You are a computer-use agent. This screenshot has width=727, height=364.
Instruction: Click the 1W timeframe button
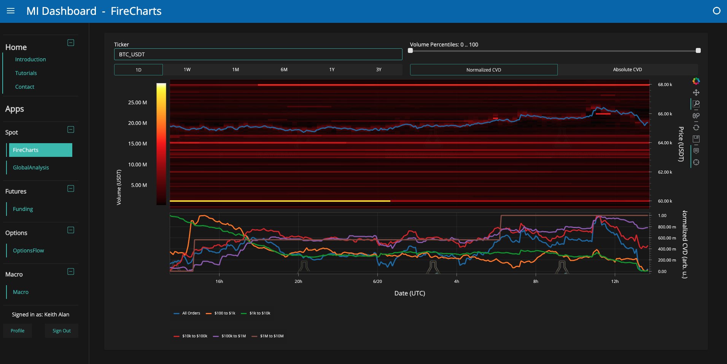pos(187,70)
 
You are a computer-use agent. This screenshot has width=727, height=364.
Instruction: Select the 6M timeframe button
pos(284,70)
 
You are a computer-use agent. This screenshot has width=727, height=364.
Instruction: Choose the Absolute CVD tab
pos(627,70)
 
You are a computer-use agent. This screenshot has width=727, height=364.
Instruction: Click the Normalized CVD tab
pos(484,70)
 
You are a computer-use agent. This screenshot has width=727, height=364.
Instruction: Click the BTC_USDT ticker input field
pos(258,54)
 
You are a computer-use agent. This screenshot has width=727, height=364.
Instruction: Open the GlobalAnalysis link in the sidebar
pos(31,168)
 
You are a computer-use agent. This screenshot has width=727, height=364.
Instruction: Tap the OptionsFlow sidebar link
pos(29,251)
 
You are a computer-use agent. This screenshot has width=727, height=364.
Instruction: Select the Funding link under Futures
pos(23,209)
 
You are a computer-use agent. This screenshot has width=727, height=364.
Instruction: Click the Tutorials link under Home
pos(26,73)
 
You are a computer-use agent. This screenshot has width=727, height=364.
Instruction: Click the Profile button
pos(17,330)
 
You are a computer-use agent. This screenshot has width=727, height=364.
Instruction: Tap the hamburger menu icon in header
pos(11,11)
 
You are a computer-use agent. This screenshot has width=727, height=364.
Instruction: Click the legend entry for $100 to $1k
pos(221,313)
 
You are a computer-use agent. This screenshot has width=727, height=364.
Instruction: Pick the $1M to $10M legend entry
pos(268,336)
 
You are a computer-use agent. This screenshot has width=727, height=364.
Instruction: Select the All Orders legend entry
pos(187,313)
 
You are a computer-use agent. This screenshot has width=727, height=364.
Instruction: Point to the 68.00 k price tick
pos(665,85)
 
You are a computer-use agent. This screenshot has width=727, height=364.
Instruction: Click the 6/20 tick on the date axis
pos(377,281)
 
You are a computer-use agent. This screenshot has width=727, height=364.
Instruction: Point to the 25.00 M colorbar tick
pos(137,102)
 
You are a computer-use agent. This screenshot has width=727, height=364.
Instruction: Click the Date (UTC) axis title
pos(410,293)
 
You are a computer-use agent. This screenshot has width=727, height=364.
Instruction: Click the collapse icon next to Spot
pos(71,129)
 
